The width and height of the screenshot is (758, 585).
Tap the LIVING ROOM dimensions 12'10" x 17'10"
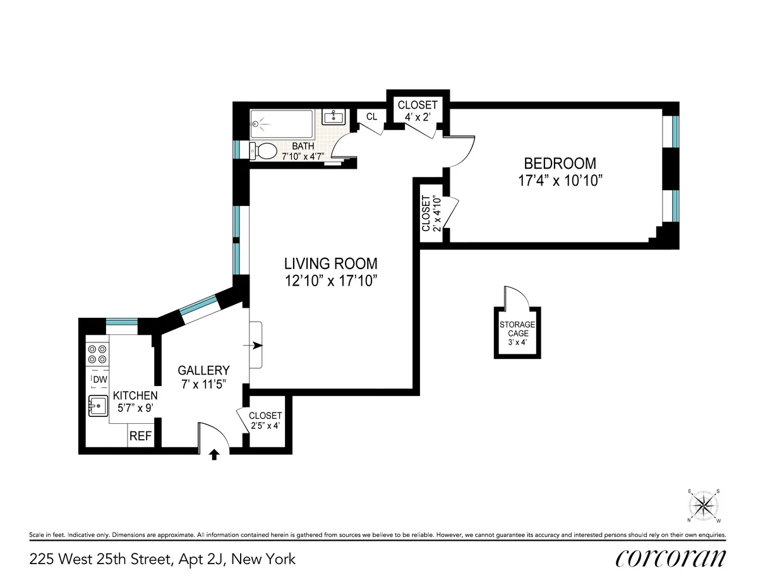330,280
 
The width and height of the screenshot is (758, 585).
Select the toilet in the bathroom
264,150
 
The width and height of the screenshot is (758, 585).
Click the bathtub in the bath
282,124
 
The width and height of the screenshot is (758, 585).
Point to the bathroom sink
333,117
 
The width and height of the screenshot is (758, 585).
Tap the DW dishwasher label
100,379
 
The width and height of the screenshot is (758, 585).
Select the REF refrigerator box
140,436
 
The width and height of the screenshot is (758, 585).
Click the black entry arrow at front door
214,454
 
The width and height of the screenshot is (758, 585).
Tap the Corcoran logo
670,558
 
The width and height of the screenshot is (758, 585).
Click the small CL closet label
372,116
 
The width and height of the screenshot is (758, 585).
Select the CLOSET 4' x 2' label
416,111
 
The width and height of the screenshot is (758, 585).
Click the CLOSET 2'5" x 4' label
265,420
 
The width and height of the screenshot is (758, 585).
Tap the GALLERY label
203,370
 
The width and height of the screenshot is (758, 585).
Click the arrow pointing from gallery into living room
256,346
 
